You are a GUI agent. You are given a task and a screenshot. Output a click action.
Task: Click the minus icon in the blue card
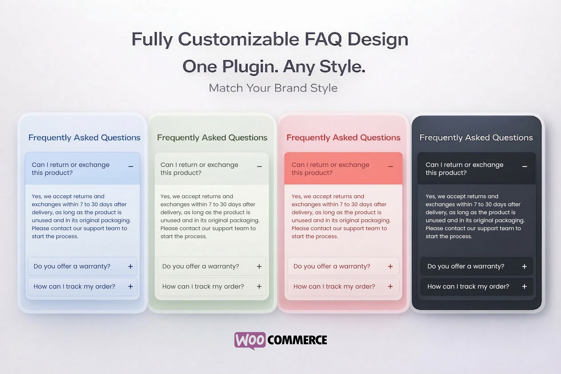131,167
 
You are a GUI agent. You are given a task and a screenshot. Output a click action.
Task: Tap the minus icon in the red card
391,167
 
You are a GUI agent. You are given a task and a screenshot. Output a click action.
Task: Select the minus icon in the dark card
525,167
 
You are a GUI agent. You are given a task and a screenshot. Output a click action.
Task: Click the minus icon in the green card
260,167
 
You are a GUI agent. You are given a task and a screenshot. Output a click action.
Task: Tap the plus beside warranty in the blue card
130,267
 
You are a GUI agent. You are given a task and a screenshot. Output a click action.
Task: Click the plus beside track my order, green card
259,286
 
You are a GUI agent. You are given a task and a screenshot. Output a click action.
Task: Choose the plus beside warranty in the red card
390,267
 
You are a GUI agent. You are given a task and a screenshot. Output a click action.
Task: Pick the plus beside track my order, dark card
524,286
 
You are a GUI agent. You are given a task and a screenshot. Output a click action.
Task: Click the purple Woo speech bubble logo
250,340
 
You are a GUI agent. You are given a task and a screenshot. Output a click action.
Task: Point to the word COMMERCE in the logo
297,340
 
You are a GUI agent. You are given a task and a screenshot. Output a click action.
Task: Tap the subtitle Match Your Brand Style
273,88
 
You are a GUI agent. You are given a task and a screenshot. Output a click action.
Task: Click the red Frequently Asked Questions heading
343,138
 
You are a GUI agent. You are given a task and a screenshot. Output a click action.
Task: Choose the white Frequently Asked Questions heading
476,138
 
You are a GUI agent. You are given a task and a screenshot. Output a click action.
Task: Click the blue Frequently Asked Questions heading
84,138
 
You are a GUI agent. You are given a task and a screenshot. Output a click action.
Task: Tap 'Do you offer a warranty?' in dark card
466,266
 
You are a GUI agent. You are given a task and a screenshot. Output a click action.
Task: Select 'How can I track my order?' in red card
334,286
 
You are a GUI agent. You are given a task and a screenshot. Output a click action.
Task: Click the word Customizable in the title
239,39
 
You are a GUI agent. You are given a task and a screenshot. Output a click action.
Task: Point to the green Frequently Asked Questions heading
212,138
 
